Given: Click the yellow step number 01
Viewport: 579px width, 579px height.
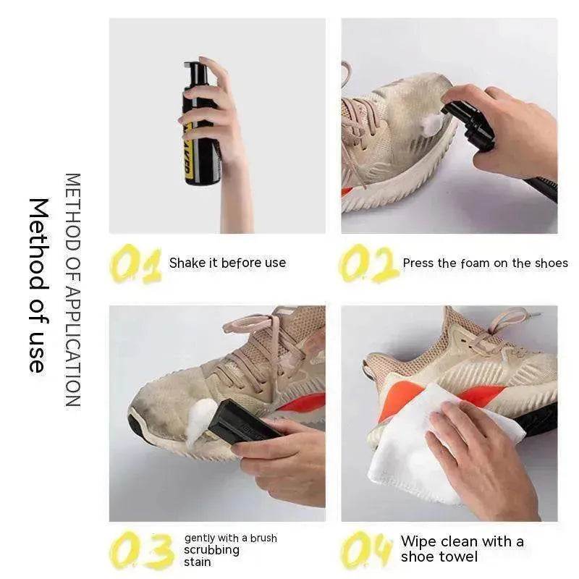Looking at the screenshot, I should coord(135,264).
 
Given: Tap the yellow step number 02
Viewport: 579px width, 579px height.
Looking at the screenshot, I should coord(368,264).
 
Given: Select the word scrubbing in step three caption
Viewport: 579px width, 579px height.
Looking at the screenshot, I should coord(211,549).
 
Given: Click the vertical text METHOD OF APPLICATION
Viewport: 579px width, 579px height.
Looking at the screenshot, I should coord(72,289).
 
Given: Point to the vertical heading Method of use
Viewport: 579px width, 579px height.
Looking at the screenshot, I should coord(38,285).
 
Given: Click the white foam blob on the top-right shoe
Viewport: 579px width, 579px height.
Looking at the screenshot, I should coord(431,124).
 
